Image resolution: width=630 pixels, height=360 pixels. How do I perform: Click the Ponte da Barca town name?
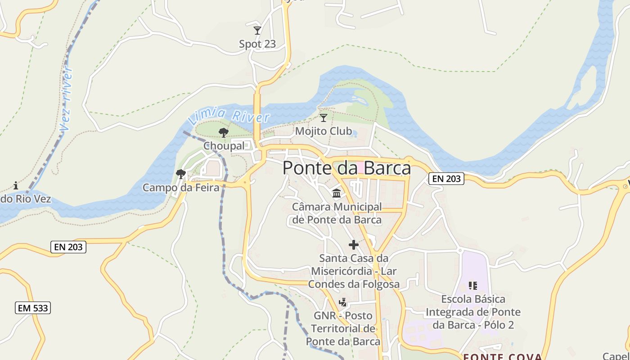346,168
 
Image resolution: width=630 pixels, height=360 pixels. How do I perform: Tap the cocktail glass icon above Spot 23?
257,31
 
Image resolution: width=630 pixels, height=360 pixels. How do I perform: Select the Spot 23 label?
257,44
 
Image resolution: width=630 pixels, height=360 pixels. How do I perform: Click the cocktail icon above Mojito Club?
323,118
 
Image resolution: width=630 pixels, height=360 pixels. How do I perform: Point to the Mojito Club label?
323,131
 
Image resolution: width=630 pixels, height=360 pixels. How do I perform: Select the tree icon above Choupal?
223,132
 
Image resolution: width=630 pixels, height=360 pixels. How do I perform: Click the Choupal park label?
224,146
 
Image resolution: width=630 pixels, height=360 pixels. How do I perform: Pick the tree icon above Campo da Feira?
181,174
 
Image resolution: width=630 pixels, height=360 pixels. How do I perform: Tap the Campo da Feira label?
181,187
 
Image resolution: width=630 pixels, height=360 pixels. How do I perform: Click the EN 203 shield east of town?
445,179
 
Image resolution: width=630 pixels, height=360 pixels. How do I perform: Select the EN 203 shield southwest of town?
68,247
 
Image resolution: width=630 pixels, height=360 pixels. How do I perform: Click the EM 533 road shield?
33,308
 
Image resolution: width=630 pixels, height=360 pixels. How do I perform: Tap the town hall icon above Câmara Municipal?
337,193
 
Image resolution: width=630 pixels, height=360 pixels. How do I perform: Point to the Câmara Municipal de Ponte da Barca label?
337,213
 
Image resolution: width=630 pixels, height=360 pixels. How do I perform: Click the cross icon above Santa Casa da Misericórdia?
354,245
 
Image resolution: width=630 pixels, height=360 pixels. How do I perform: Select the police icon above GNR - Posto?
343,302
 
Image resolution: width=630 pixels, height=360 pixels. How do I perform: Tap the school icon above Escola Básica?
472,285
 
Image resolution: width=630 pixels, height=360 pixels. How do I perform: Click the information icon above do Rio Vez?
16,185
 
